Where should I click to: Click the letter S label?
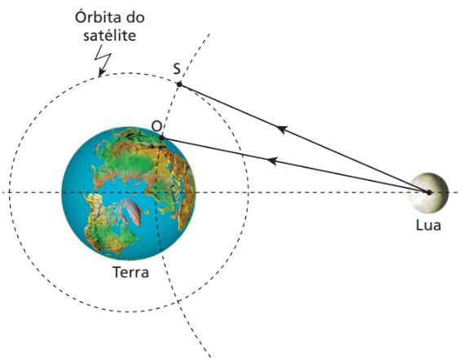click(177, 68)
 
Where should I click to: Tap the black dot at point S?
click(179, 85)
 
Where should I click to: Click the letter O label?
click(156, 126)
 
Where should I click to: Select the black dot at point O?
click(161, 138)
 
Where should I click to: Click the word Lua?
click(428, 225)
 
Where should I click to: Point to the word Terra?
click(130, 272)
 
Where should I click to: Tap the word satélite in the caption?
click(110, 35)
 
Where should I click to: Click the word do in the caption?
click(134, 17)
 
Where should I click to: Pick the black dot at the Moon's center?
click(429, 192)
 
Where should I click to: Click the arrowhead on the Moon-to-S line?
click(282, 130)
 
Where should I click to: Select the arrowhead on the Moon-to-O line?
click(271, 161)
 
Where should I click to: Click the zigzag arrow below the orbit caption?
click(103, 61)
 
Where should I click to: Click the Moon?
click(428, 193)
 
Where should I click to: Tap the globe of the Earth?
click(129, 193)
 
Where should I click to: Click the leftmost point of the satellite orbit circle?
click(9, 192)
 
